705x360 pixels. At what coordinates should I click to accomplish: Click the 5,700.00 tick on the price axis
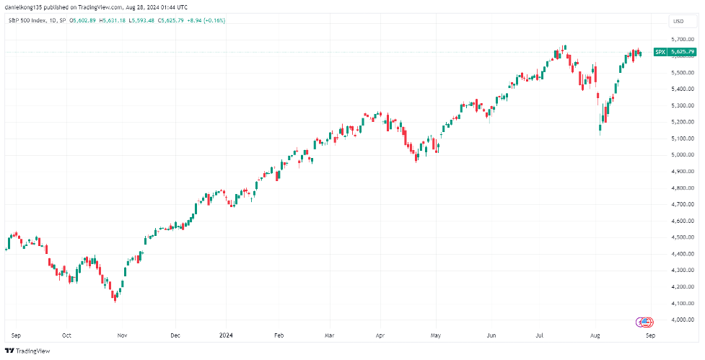680,40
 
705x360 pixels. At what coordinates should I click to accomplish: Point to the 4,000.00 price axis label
680,320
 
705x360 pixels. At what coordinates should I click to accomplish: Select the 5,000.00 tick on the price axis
680,155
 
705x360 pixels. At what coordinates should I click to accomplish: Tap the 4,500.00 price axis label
680,237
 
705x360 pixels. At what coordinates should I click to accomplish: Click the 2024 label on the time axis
227,335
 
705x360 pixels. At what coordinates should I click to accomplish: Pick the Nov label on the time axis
122,335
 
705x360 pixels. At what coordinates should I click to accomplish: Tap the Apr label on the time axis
380,335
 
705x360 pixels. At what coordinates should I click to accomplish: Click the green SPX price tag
675,52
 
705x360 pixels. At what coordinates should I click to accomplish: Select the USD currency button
678,21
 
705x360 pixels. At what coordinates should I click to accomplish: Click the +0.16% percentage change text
214,20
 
